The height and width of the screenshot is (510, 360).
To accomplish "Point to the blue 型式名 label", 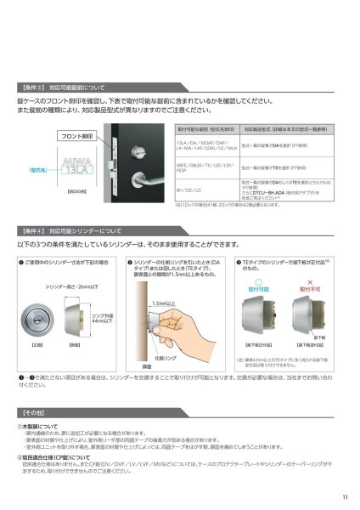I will (38, 170).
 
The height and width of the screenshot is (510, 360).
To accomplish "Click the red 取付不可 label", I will (318, 280).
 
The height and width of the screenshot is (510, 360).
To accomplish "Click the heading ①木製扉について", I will (44, 426).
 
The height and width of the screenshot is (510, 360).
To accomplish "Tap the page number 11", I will (344, 497).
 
